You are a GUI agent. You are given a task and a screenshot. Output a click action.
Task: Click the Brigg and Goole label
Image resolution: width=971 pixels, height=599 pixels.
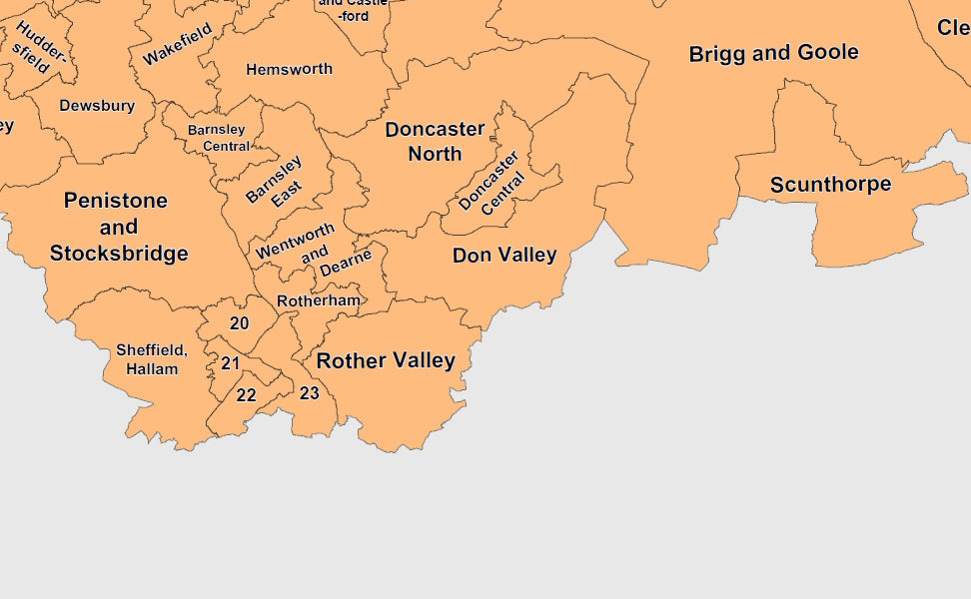(773, 54)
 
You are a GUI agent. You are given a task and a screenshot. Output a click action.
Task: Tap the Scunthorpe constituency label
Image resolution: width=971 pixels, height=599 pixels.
(830, 185)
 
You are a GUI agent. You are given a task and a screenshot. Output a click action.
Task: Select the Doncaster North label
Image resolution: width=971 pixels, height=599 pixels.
(435, 141)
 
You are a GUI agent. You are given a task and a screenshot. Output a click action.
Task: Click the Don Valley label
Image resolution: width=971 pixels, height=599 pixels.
(504, 256)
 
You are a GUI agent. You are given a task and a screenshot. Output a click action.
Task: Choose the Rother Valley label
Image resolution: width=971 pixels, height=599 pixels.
(386, 360)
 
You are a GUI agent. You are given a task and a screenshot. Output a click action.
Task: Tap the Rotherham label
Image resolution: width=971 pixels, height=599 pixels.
(318, 300)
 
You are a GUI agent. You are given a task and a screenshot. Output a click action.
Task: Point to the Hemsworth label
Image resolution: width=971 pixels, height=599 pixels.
(289, 70)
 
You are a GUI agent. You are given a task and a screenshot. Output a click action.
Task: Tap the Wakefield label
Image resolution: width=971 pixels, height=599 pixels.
(178, 44)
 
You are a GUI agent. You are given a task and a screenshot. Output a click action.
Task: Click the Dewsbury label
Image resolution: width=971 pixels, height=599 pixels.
(97, 106)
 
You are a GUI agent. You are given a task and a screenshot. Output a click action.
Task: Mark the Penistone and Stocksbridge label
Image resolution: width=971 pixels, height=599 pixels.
(119, 227)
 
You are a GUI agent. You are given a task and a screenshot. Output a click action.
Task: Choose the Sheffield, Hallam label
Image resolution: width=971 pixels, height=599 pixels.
(151, 359)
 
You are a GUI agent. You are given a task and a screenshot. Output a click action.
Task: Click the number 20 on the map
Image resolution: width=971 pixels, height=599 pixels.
(240, 323)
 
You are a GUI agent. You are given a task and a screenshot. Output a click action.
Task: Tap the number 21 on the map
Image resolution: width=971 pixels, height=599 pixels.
(231, 363)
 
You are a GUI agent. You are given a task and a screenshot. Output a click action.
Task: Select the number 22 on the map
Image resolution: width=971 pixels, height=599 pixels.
(246, 395)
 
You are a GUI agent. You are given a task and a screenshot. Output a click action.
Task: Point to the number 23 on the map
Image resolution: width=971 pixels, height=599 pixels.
(310, 393)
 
